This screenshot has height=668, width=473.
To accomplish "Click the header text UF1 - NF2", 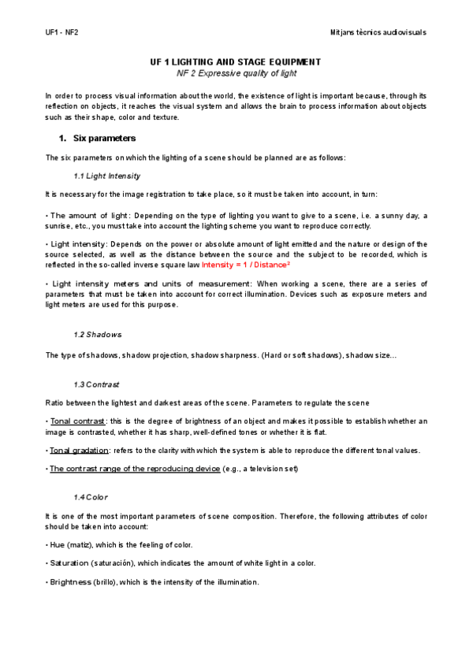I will click(61, 32).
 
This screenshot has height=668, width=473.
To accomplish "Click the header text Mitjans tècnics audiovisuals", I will click(378, 32).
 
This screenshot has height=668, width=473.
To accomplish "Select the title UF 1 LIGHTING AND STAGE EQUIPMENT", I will click(236, 61).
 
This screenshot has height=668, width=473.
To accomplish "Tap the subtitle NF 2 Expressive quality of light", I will click(236, 73).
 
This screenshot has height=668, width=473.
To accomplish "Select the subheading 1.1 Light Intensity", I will click(106, 175).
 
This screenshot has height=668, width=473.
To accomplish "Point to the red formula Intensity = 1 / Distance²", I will click(246, 265).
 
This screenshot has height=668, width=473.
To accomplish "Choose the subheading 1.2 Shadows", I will click(97, 334).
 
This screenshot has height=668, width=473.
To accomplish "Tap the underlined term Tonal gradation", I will click(80, 451).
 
